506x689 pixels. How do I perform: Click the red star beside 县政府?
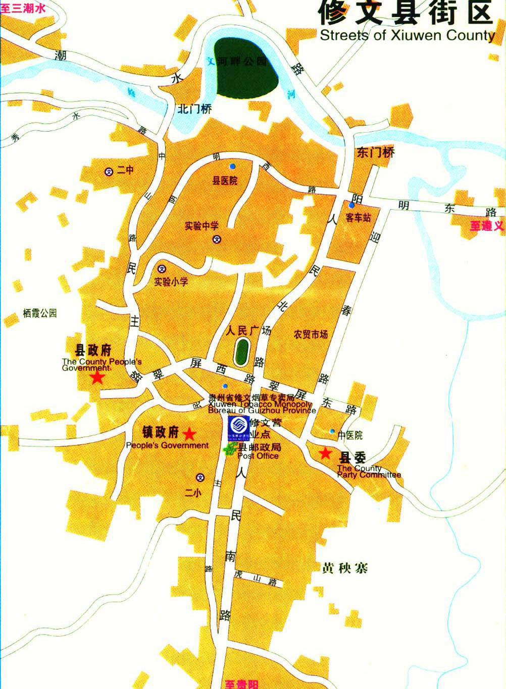(97, 378)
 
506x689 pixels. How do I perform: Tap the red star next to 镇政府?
(189, 434)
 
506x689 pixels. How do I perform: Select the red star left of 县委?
(326, 453)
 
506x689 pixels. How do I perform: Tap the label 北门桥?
(195, 109)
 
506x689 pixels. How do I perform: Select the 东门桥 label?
(375, 152)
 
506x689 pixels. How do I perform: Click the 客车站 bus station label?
(359, 218)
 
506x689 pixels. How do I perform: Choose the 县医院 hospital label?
(225, 181)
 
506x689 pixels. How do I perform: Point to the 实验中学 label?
(201, 226)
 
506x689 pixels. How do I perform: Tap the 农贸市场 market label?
(311, 334)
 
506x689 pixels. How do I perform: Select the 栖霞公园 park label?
(40, 313)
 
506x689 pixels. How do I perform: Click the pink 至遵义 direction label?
(487, 226)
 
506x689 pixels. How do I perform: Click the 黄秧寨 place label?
(345, 568)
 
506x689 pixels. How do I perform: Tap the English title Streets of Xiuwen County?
(407, 35)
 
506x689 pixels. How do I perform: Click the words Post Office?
(258, 456)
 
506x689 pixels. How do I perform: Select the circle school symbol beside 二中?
(108, 171)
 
